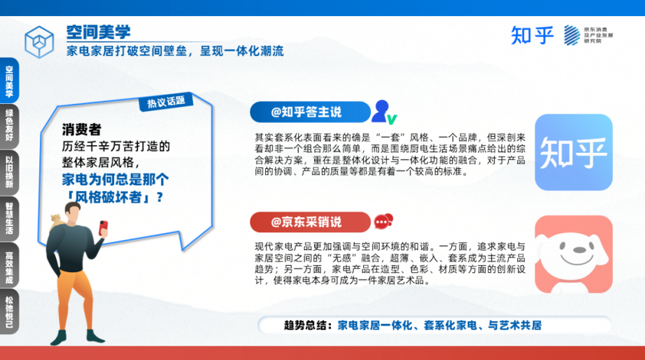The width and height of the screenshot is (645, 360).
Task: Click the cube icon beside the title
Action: [39, 41]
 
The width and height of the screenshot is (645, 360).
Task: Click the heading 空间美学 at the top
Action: [98, 32]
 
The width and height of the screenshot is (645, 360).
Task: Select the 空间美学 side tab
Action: [9, 81]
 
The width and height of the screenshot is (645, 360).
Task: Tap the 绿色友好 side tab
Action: [9, 126]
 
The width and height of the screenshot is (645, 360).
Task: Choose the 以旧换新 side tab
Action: [9, 172]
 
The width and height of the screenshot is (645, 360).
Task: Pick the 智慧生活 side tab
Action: [9, 219]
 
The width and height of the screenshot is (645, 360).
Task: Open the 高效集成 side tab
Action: [9, 265]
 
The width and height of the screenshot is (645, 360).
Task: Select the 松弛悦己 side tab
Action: [9, 311]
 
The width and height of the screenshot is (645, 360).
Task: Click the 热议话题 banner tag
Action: [166, 102]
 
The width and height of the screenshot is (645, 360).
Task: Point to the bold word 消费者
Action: [81, 130]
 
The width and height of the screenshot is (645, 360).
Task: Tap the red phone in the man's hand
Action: [103, 228]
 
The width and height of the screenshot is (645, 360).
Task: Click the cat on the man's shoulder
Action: [57, 221]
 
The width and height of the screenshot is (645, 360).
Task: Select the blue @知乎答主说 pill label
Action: [310, 112]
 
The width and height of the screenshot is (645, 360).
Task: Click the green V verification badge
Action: [392, 119]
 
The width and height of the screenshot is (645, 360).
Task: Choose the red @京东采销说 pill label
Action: [310, 222]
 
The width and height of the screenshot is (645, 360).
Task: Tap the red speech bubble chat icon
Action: [383, 221]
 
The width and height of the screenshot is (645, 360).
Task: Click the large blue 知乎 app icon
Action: [573, 152]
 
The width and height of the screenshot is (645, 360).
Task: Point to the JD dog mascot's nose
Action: [579, 250]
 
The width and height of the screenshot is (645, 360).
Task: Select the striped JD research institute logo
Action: [571, 35]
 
